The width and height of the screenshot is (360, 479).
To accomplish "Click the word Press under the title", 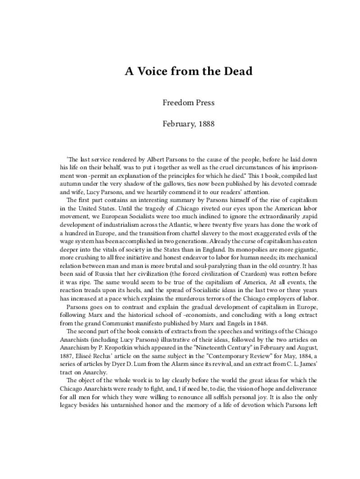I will pyautogui.click(x=204, y=102).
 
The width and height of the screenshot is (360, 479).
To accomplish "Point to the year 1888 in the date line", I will pyautogui.click(x=198, y=123).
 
